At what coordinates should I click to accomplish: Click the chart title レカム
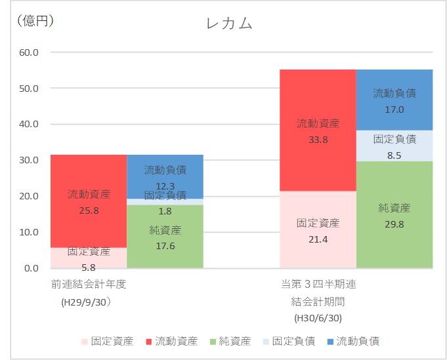click(229, 24)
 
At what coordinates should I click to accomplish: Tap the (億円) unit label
click(34, 20)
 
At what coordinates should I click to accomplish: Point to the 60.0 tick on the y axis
click(32, 52)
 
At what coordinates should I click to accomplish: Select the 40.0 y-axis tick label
click(32, 124)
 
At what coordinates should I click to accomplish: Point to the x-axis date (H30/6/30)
click(318, 318)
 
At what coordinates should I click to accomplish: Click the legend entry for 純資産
click(229, 341)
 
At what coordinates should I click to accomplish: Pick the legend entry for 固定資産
click(107, 341)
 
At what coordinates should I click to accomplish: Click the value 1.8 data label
click(165, 210)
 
